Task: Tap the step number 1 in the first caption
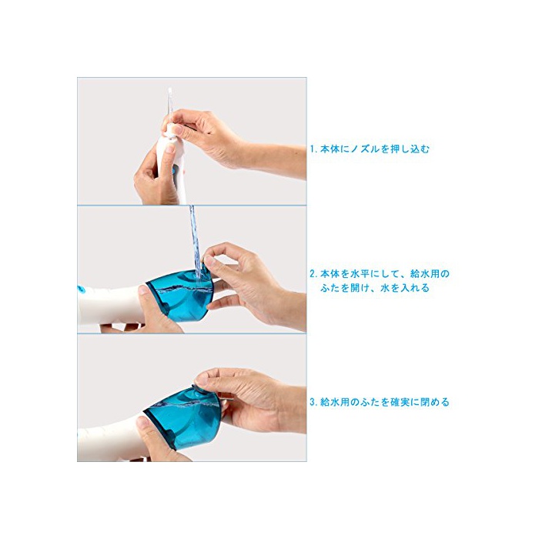click(x=312, y=149)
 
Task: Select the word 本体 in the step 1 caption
click(x=330, y=149)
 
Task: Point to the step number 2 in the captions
click(x=312, y=274)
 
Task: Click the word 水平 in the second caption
click(x=360, y=274)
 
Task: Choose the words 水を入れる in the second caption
click(x=404, y=288)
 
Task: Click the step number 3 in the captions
click(x=312, y=402)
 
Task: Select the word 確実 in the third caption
click(x=400, y=402)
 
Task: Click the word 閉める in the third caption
click(x=434, y=402)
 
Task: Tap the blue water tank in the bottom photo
click(x=183, y=417)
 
